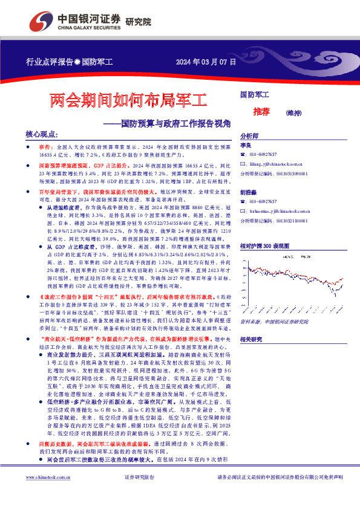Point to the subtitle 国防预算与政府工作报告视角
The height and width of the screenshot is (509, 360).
pos(176,123)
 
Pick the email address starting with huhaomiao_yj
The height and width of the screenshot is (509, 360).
pos(284,209)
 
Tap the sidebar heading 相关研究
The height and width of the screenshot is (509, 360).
pos(252,339)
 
